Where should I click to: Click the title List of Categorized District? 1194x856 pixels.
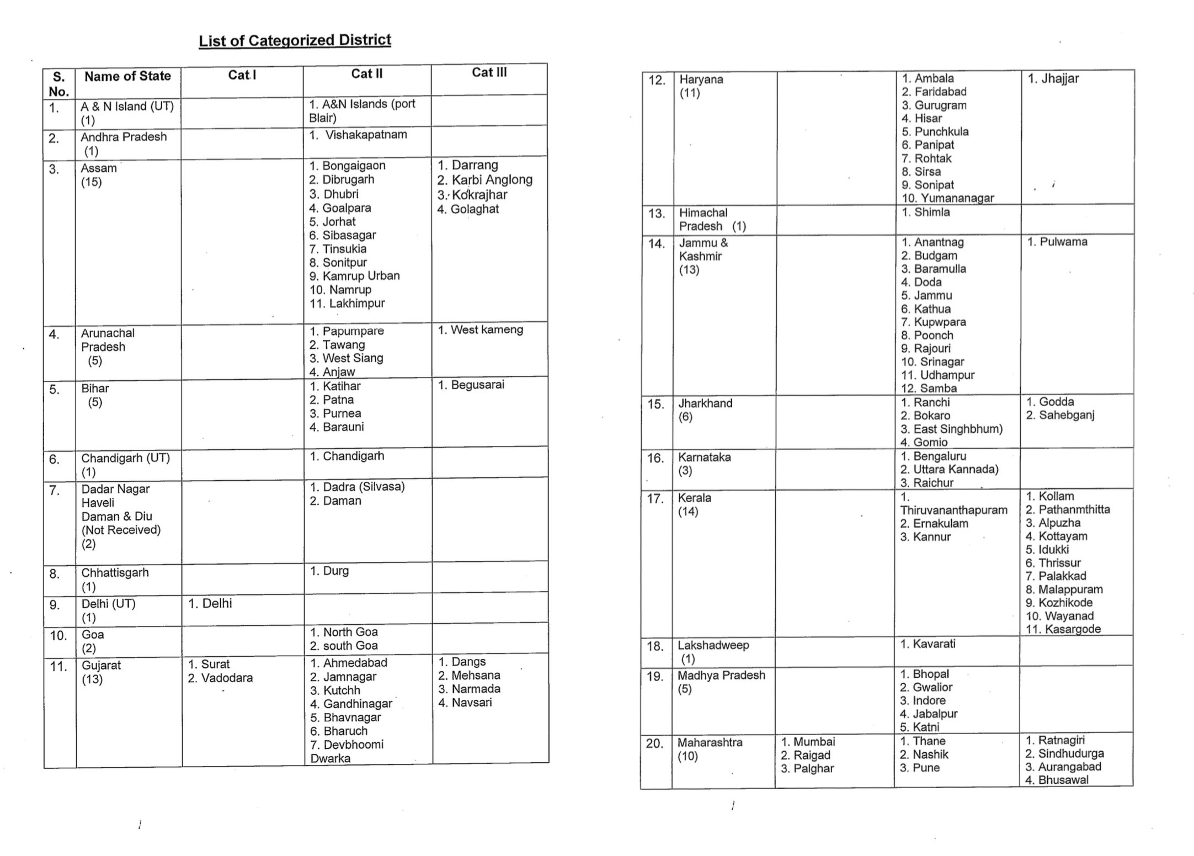pos(295,40)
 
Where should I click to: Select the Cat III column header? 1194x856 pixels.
pos(489,72)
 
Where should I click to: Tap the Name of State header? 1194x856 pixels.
pos(127,76)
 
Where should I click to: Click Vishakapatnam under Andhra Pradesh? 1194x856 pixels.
pos(365,135)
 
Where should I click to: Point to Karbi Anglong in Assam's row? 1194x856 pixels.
pos(492,180)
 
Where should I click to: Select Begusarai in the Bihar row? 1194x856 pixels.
pos(477,385)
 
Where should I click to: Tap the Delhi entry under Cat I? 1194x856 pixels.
pos(216,603)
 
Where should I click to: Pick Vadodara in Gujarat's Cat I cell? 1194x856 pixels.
pos(226,678)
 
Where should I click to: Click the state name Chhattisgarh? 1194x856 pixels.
pos(115,572)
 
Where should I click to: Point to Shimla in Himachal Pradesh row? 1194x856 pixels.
pos(931,212)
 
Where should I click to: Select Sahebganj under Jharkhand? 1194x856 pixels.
pos(1066,415)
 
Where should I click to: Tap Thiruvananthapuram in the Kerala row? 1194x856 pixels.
pos(953,510)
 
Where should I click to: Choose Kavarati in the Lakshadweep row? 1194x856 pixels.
pos(934,644)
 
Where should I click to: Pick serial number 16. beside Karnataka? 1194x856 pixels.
pos(655,459)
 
